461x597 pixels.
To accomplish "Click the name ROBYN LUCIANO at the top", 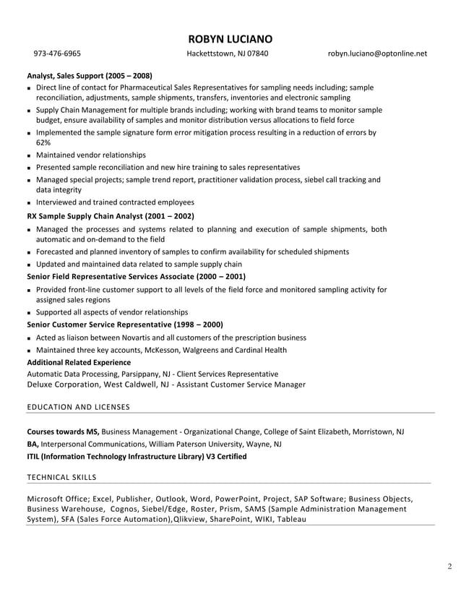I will click(x=230, y=39).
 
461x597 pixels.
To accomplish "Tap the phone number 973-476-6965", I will click(x=57, y=53).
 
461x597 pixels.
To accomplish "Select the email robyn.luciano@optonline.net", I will click(x=377, y=53).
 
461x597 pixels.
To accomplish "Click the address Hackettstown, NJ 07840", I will click(x=227, y=53).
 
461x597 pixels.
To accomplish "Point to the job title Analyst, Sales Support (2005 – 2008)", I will click(x=89, y=75).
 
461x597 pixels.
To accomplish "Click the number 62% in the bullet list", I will click(x=43, y=143).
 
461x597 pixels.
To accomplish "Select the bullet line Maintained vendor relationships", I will click(x=90, y=155).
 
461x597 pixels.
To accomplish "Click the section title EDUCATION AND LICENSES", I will click(x=78, y=407).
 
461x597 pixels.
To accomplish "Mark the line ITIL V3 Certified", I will click(x=137, y=456).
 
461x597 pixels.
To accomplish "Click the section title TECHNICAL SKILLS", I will click(x=61, y=477).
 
